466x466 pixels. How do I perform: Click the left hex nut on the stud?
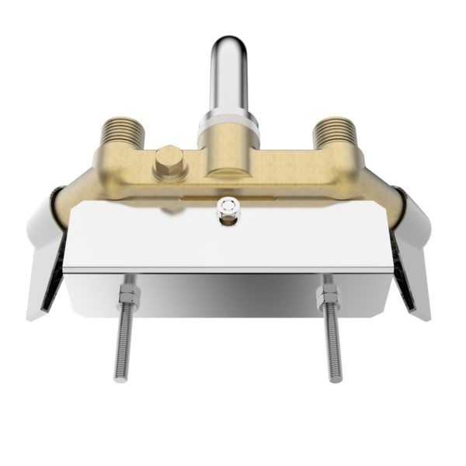128,296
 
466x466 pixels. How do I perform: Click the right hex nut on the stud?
328,296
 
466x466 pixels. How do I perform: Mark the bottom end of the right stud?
336,379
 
